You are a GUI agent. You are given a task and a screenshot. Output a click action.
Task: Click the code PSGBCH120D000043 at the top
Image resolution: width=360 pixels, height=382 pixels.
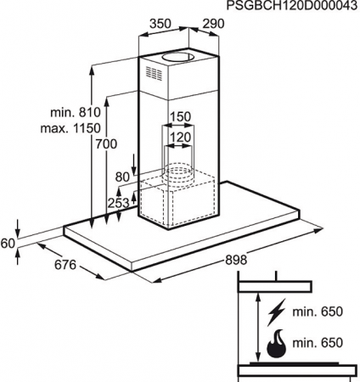click(x=292, y=6)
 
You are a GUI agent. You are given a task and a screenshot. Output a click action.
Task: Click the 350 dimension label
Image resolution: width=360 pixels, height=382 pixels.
click(x=160, y=24)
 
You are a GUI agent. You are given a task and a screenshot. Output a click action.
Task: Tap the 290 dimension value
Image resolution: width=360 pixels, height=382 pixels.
click(x=213, y=24)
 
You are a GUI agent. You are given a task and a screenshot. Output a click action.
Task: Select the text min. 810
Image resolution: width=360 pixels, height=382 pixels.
click(x=76, y=112)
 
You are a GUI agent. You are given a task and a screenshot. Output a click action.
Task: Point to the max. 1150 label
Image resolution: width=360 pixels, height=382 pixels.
click(x=70, y=128)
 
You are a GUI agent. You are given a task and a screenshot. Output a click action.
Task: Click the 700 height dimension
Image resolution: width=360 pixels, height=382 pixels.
click(x=106, y=144)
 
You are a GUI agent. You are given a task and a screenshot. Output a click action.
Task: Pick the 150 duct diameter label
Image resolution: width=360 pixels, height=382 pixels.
click(x=180, y=116)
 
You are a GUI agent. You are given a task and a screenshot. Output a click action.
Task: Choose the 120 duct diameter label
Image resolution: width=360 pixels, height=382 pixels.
click(x=180, y=138)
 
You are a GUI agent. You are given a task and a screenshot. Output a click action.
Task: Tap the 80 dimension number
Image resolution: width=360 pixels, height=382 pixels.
click(x=122, y=177)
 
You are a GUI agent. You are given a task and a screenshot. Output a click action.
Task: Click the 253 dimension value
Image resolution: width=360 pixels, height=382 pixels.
click(x=118, y=203)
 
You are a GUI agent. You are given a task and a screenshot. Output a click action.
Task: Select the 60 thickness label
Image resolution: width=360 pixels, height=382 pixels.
click(x=8, y=244)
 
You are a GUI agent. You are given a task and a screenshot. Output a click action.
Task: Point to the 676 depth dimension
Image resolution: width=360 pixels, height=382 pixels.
click(x=65, y=265)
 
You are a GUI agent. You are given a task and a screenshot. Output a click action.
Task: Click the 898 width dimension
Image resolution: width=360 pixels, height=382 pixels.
click(x=236, y=260)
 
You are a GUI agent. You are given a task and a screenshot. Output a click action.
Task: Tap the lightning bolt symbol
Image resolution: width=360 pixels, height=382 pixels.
click(x=277, y=312)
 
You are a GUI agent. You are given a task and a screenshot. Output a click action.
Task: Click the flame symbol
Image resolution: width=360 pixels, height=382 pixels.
click(x=277, y=344)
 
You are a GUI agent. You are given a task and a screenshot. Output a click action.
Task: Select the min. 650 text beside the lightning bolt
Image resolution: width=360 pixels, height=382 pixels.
click(x=318, y=312)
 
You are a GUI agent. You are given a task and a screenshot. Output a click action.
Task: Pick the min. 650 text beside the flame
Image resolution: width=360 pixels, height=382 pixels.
click(x=318, y=343)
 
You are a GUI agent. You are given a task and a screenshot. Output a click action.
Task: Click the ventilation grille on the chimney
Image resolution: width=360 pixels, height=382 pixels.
click(x=154, y=74)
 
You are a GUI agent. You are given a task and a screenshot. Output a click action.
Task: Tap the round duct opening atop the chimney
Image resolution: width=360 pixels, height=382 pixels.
click(x=177, y=57)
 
